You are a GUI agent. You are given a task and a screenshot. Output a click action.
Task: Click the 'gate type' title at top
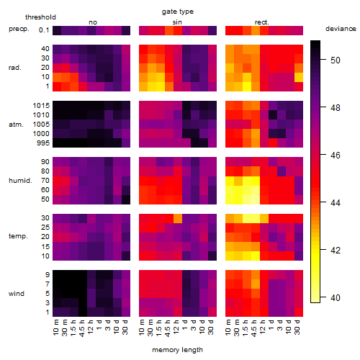(x=178, y=12)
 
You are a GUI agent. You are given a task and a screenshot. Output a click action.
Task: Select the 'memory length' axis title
(x=177, y=350)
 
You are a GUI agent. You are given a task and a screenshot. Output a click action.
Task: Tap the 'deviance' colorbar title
(x=341, y=29)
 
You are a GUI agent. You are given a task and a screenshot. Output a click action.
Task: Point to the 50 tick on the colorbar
(x=323, y=60)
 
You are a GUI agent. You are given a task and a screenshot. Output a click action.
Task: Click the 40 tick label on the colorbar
(x=336, y=298)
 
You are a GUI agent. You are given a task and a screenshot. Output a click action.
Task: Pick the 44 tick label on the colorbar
(x=336, y=203)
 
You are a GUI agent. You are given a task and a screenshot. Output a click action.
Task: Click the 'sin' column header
(x=177, y=22)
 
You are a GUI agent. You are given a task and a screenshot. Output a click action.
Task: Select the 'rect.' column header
(x=262, y=22)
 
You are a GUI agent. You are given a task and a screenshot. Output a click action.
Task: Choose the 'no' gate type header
(x=93, y=22)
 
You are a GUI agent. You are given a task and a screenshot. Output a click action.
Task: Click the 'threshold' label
(x=40, y=17)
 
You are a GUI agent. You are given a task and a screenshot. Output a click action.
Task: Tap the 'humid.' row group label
(x=20, y=181)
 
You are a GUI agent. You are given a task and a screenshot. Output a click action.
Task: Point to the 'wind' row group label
(x=17, y=294)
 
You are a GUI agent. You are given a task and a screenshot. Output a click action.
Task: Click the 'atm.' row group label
(x=16, y=125)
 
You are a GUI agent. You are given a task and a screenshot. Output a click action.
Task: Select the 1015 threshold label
(x=41, y=106)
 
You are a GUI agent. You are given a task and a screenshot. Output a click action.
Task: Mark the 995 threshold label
(x=43, y=143)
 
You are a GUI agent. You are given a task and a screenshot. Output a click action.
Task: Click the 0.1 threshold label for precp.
(x=44, y=30)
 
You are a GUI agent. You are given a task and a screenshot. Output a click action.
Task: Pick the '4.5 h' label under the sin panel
(x=168, y=328)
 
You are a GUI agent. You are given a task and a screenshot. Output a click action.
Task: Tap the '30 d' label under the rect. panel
(x=297, y=327)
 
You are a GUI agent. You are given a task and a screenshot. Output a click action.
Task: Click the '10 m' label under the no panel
(x=55, y=328)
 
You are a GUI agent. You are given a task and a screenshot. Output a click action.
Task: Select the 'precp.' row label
(x=19, y=30)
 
